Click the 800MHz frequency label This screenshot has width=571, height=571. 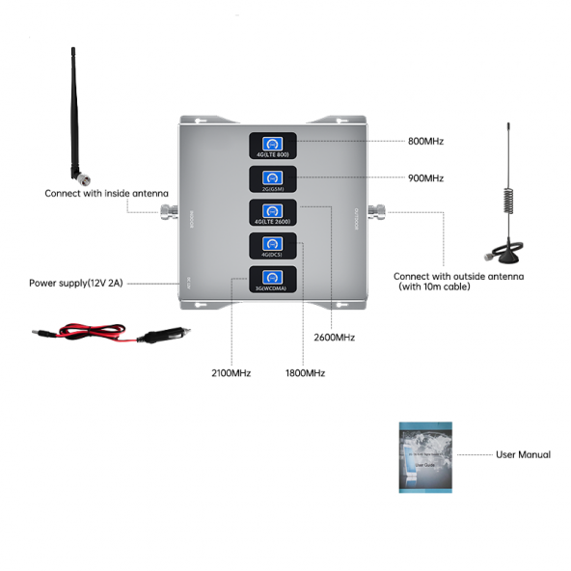pos(425,142)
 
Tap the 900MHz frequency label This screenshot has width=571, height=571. pos(425,178)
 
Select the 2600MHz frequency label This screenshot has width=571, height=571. pos(335,338)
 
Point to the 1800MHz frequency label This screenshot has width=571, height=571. pos(305,373)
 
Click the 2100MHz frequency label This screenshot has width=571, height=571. pos(231,373)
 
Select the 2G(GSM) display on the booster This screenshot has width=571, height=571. pos(271,179)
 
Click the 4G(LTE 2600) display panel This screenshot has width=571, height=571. pos(271,212)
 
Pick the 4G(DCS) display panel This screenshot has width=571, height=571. pos(271,246)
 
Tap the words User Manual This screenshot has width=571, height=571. pos(523,454)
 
